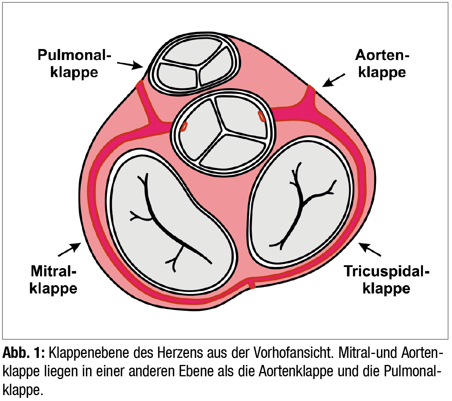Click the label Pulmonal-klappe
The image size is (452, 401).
pos(74,64)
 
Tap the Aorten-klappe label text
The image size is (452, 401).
pos(382,64)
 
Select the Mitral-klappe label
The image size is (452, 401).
pos(54,279)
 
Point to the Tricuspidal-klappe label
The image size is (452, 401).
pos(387,279)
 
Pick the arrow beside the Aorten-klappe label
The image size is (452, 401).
pos(334,80)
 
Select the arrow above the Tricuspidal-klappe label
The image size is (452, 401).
pos(370,249)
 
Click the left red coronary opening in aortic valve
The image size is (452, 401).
pos(183,127)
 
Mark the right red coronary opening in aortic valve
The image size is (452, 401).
pos(261,116)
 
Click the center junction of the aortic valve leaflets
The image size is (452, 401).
pos(223,131)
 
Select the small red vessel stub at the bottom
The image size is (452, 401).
pos(252,284)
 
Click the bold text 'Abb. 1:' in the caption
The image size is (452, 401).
pos(24,353)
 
